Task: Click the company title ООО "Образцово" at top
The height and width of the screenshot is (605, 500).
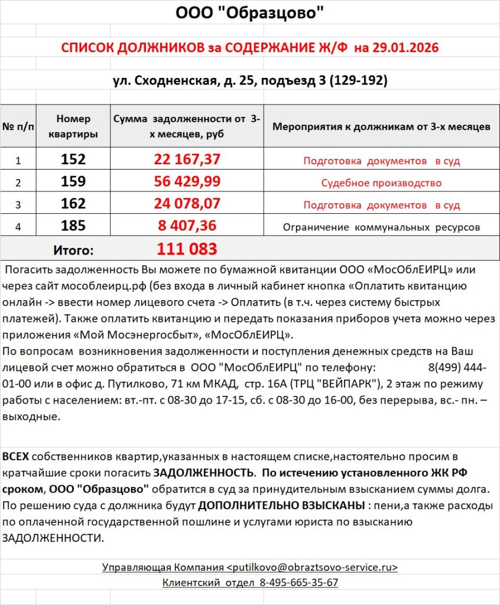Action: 250,13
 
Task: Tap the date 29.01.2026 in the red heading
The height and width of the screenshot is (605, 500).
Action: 405,48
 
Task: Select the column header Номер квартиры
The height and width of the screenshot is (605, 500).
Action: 73,126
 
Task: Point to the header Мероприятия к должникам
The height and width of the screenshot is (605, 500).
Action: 381,126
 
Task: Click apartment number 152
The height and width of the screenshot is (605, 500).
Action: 73,160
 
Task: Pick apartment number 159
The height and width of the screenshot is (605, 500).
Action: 73,182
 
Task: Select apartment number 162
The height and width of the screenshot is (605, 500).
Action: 73,204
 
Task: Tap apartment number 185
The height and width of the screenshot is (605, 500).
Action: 73,226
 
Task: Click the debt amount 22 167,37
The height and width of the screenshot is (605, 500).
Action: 187,160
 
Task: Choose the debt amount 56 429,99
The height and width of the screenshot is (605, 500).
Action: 187,182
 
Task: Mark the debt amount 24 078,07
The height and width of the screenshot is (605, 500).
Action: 187,204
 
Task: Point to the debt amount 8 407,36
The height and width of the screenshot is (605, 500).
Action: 187,226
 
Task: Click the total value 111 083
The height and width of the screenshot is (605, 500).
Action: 187,249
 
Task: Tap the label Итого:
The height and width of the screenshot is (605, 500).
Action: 73,250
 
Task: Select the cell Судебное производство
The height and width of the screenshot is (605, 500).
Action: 381,183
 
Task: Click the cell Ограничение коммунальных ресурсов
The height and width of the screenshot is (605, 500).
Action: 381,227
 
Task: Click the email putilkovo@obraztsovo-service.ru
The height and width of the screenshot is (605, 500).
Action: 312,567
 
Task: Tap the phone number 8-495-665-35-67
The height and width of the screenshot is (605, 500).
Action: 298,583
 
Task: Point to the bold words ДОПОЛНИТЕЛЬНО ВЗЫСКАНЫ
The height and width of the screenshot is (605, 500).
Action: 281,506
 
